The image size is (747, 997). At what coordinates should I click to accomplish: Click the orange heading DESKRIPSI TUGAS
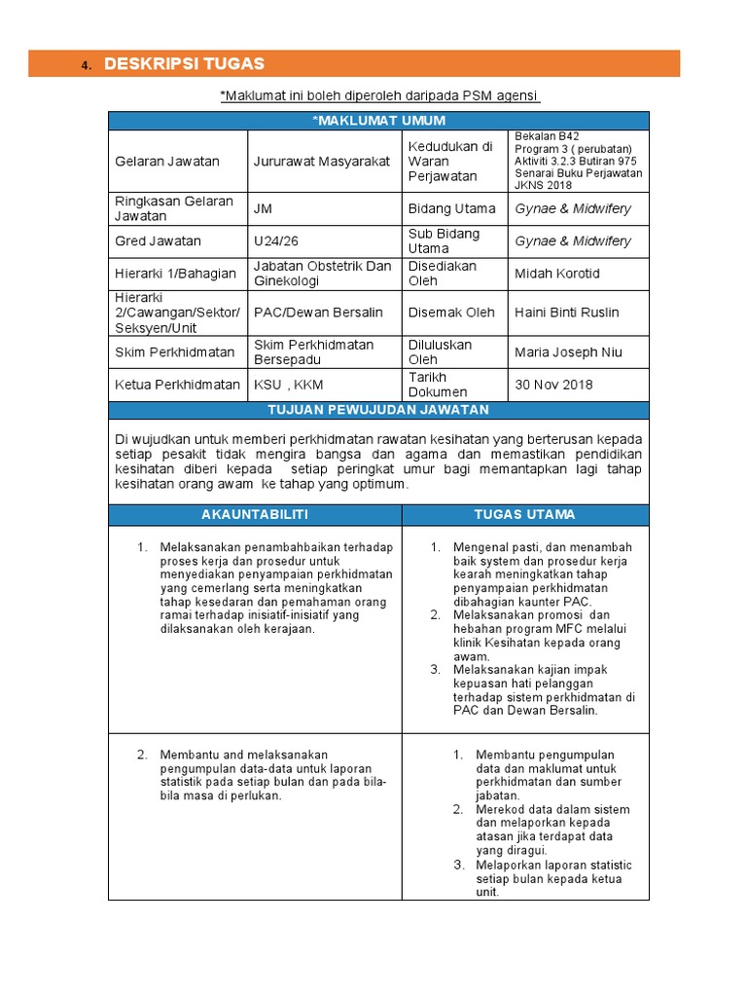(184, 64)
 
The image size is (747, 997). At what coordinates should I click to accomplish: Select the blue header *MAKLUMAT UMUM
(378, 121)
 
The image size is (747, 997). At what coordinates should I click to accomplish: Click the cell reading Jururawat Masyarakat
(322, 162)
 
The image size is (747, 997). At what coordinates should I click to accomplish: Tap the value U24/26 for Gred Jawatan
(275, 240)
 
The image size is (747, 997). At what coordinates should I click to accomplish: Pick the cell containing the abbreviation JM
(263, 208)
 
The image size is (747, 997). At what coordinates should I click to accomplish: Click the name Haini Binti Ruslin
(567, 313)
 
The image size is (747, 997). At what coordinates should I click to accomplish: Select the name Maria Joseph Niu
(569, 352)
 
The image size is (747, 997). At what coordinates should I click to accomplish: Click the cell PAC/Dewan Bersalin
(318, 313)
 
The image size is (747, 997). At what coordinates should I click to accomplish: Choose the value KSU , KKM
(289, 385)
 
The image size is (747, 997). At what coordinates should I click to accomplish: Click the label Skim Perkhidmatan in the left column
(175, 352)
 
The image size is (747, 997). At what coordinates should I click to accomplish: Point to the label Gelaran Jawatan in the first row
(167, 162)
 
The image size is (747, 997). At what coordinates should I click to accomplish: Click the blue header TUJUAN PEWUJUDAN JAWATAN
(378, 410)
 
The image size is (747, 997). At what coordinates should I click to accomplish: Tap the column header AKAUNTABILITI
(254, 514)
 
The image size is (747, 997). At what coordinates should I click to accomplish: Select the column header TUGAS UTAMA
(524, 514)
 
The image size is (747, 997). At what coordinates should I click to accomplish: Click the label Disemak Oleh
(451, 313)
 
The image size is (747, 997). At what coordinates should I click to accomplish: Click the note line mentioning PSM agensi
(379, 94)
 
